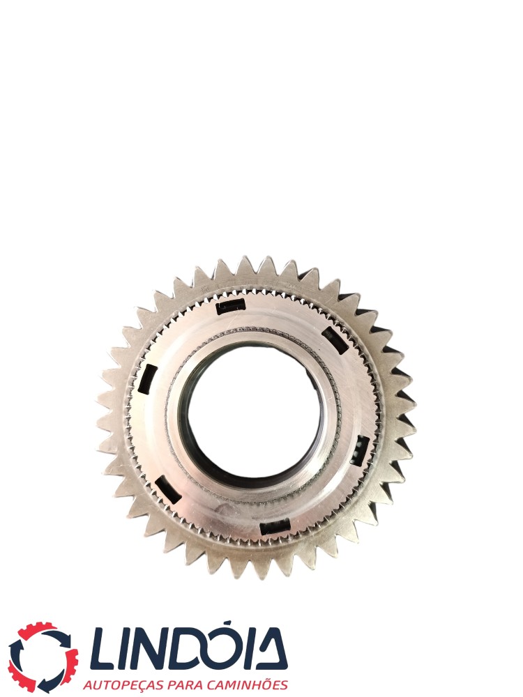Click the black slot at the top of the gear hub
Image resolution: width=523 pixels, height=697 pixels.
click(x=230, y=306)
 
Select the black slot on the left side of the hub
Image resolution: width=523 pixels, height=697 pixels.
click(x=147, y=378)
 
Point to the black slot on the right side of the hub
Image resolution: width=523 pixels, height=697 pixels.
click(x=360, y=450)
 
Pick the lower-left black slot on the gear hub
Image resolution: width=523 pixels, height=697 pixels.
click(x=167, y=490)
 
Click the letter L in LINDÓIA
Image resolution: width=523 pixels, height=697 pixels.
click(x=105, y=650)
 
